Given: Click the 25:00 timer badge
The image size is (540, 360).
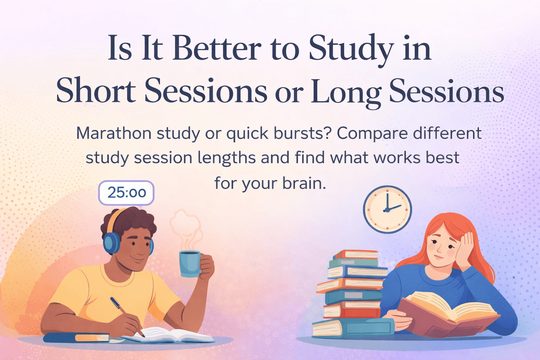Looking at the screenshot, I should (126, 193).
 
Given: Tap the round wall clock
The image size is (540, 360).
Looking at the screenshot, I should (387, 210).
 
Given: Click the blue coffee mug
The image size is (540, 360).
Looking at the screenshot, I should (190, 264).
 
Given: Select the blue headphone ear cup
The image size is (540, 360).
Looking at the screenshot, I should (111, 242).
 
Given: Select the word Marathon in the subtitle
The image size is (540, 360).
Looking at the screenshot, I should (114, 134).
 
